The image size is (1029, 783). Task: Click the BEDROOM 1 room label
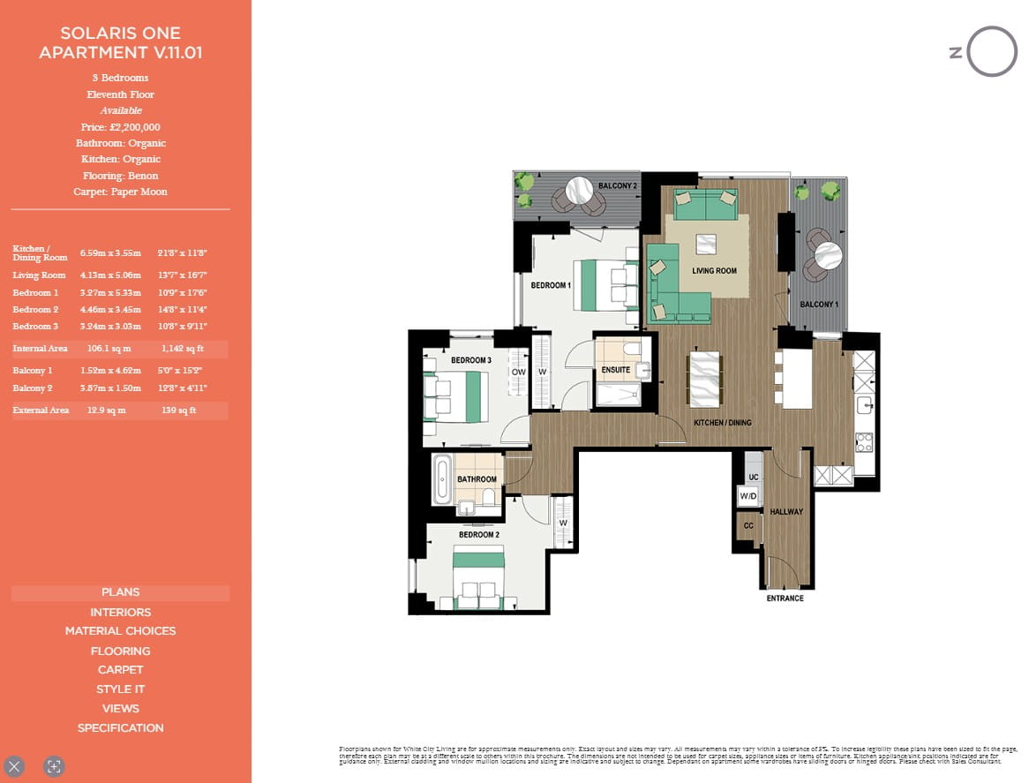[551, 285]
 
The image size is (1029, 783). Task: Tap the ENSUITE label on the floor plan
[615, 370]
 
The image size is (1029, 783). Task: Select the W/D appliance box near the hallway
[748, 497]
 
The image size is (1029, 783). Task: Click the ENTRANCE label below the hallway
[785, 599]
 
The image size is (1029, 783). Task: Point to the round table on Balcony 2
[579, 190]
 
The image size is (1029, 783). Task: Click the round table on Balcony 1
[830, 255]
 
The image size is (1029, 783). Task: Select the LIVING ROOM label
[714, 271]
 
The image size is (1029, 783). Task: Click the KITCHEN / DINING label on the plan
[722, 423]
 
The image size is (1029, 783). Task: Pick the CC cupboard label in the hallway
[748, 526]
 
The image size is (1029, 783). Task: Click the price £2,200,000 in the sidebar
[120, 127]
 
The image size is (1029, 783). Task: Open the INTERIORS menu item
[120, 612]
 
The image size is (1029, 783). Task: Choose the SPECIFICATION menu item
[120, 728]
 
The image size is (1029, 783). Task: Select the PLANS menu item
[120, 592]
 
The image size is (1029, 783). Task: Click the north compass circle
[992, 51]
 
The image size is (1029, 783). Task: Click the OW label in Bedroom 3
[518, 373]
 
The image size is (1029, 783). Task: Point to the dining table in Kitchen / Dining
[703, 380]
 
